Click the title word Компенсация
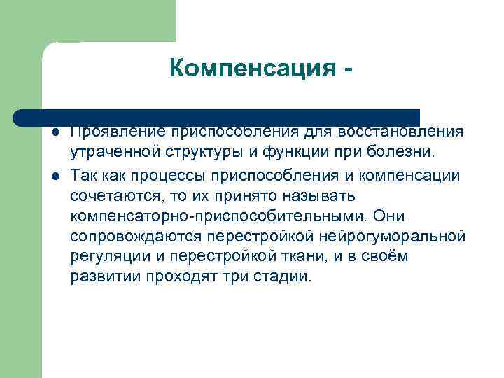[250, 69]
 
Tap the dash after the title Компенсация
[346, 71]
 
